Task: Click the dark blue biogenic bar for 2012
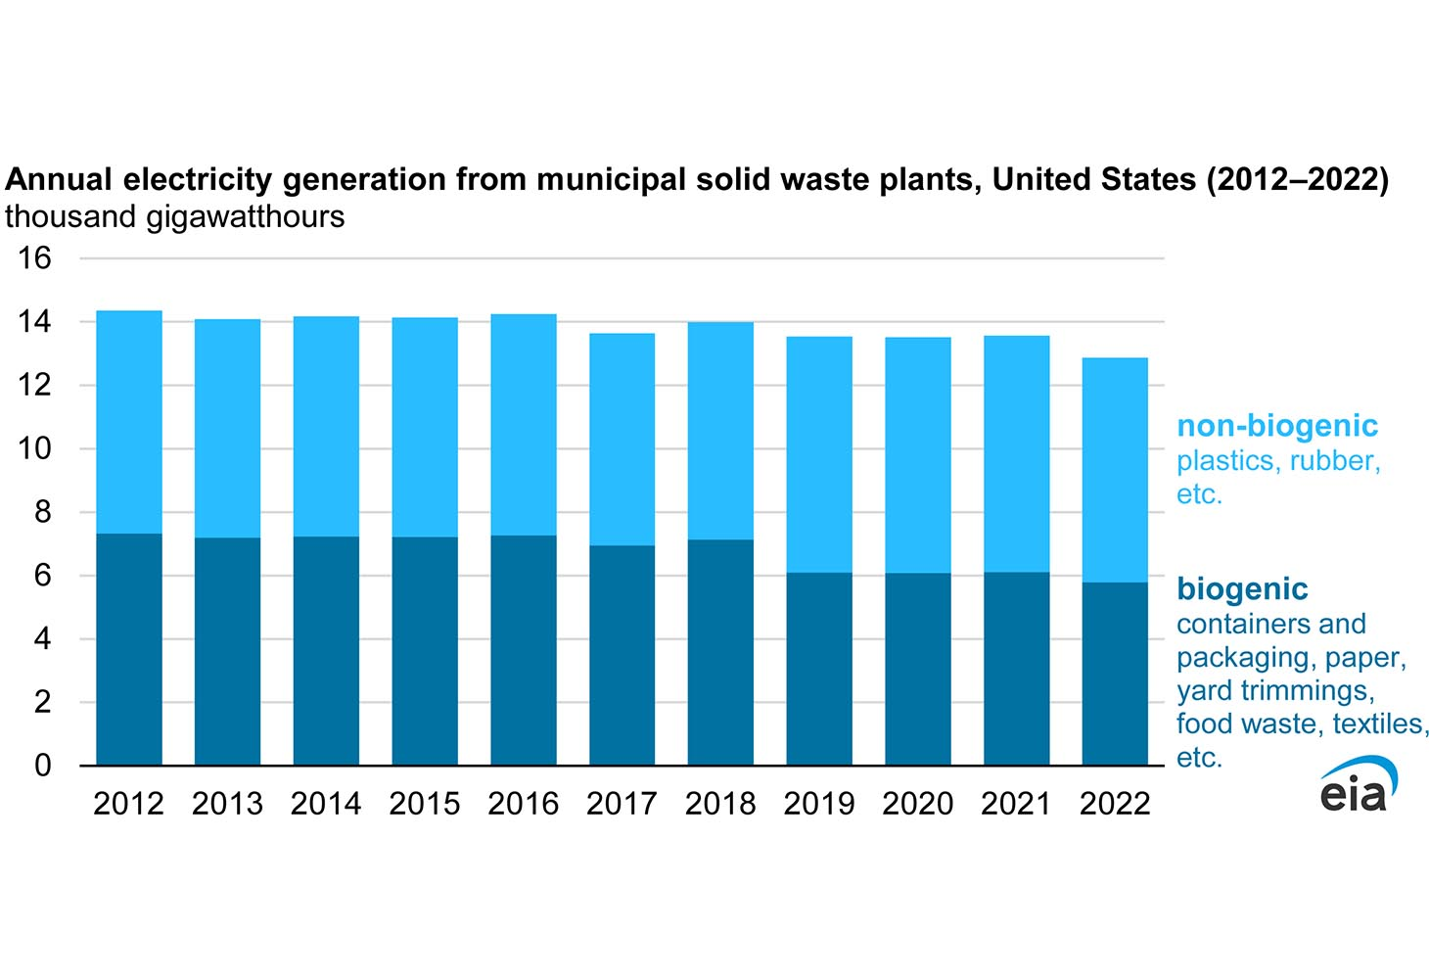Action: pyautogui.click(x=129, y=649)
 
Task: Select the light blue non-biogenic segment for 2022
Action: pyautogui.click(x=1115, y=470)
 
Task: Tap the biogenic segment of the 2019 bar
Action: pyautogui.click(x=819, y=669)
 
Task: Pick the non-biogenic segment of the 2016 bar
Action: pyautogui.click(x=524, y=425)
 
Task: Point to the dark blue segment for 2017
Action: pyautogui.click(x=622, y=655)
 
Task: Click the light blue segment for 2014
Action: pyautogui.click(x=326, y=427)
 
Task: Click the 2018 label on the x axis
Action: pyautogui.click(x=720, y=804)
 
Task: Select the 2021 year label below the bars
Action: pyautogui.click(x=1016, y=804)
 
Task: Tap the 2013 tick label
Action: pyautogui.click(x=227, y=804)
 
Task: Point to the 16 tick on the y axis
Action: pyautogui.click(x=35, y=258)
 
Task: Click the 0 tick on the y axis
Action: pyautogui.click(x=42, y=766)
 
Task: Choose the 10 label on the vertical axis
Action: pyautogui.click(x=35, y=449)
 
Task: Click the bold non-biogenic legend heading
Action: pyautogui.click(x=1277, y=426)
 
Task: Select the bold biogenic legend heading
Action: pyautogui.click(x=1242, y=589)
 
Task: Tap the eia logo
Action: pyautogui.click(x=1358, y=785)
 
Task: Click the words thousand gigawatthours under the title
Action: pyautogui.click(x=175, y=216)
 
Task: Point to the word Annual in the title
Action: pyautogui.click(x=59, y=180)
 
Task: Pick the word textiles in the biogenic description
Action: pyautogui.click(x=1381, y=723)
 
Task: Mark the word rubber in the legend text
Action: pyautogui.click(x=1335, y=460)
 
